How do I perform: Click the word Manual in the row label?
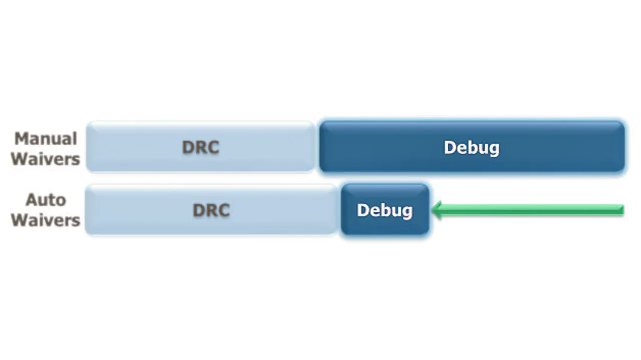click(x=46, y=139)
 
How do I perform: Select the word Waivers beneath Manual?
click(x=46, y=159)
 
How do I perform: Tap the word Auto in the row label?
click(x=46, y=200)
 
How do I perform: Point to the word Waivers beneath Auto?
click(x=46, y=220)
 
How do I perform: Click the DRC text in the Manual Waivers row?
click(x=201, y=147)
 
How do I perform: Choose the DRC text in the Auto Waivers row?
click(x=211, y=210)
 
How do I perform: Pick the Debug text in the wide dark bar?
click(x=472, y=148)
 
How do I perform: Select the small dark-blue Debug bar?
click(x=385, y=209)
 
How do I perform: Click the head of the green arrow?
click(x=433, y=210)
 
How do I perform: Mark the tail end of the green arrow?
click(x=623, y=210)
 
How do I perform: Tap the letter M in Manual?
click(x=21, y=139)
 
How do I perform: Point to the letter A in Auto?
click(x=32, y=200)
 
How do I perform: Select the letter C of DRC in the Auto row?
click(x=224, y=210)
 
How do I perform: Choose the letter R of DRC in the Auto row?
click(x=211, y=210)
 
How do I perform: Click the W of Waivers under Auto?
click(x=20, y=220)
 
